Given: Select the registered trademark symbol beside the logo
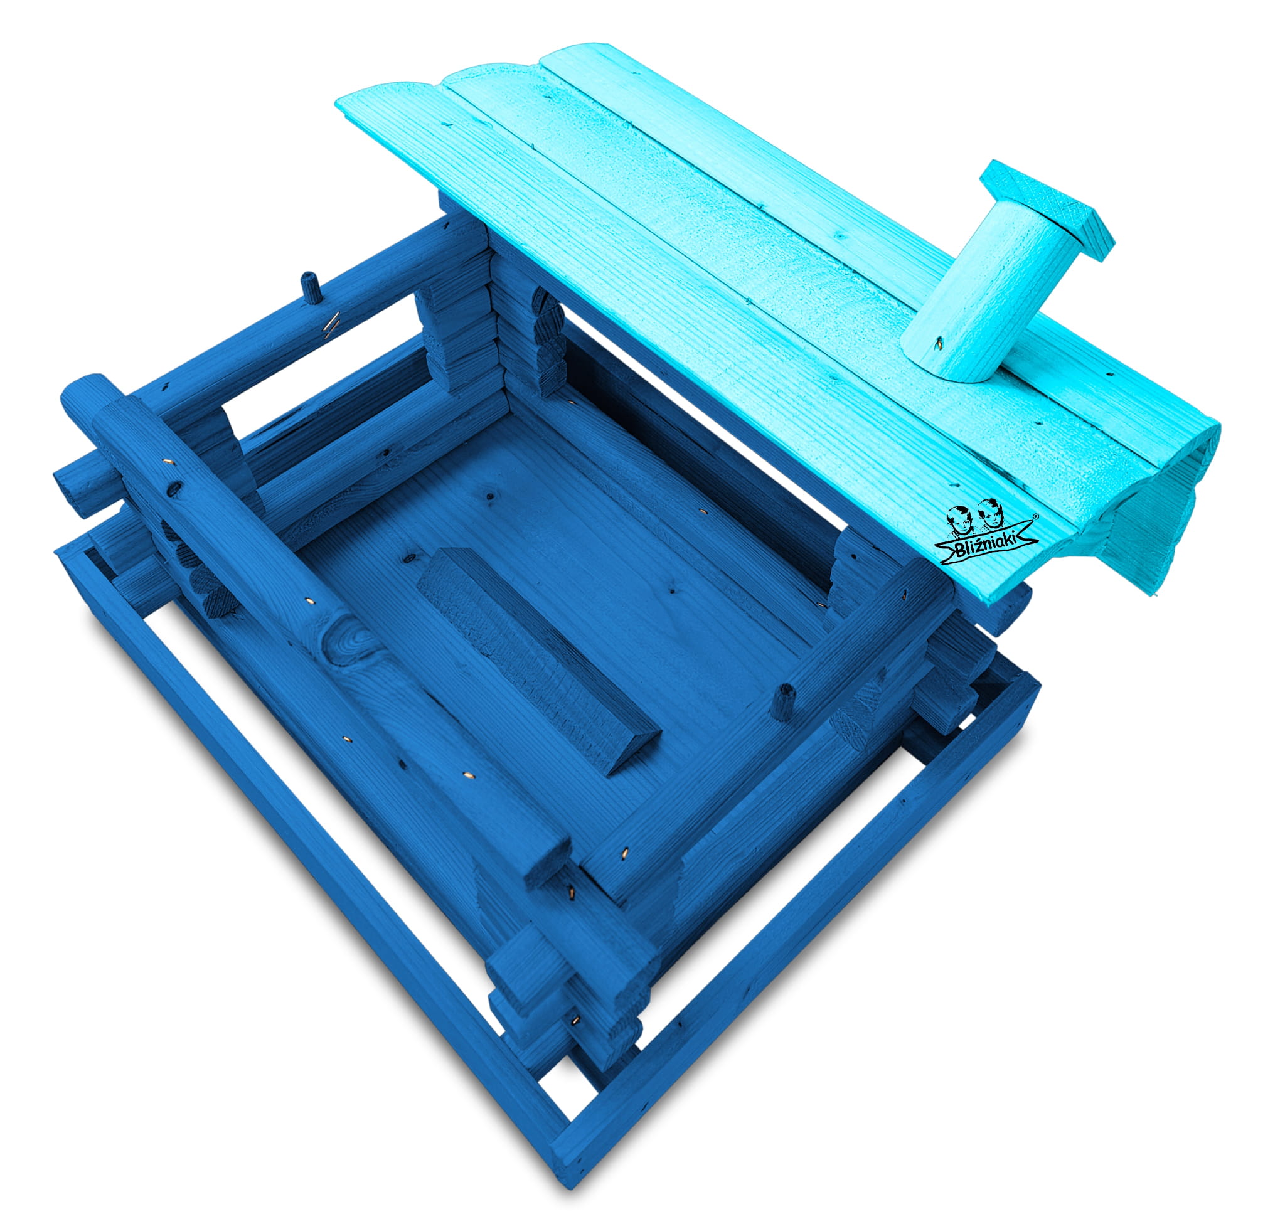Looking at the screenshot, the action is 1035,516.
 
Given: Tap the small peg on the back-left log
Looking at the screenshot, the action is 311,287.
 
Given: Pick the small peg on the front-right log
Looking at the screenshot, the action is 783,702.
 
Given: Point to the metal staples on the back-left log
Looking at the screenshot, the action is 332,325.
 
